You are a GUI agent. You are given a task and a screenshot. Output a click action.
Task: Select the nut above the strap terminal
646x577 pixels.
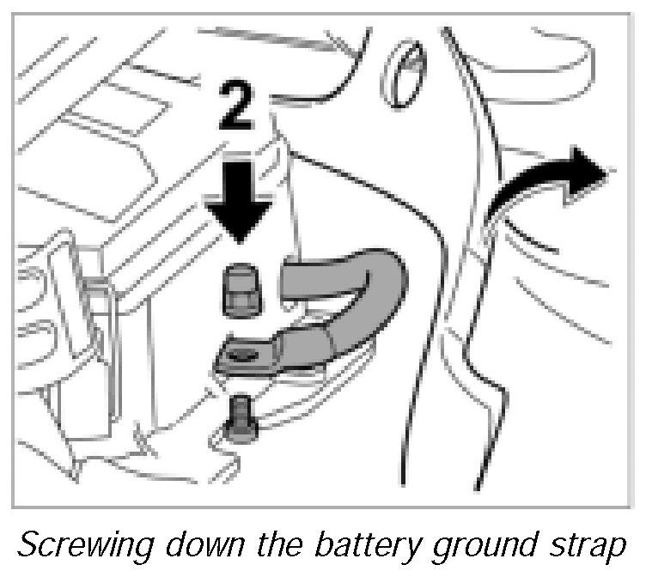(241, 290)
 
